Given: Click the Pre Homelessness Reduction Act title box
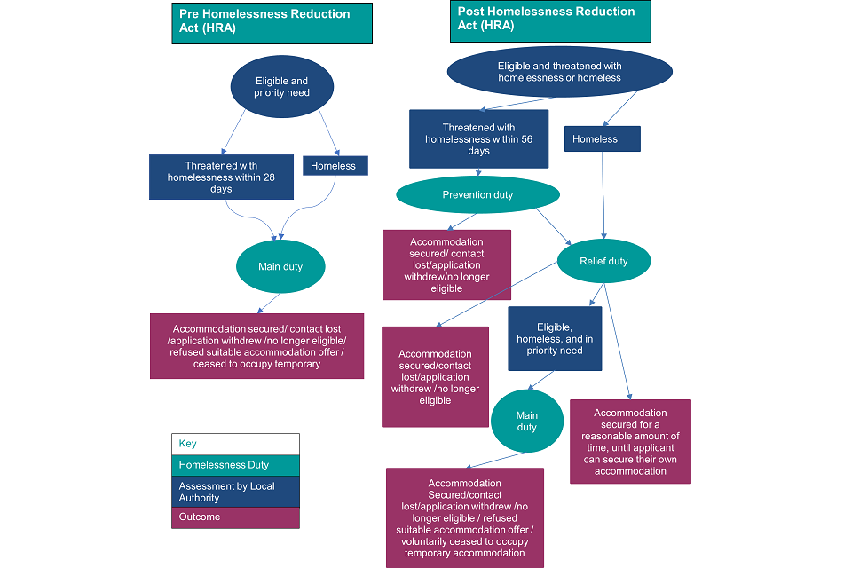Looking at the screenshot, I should coord(272,23).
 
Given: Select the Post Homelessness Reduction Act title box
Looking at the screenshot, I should coord(550,20).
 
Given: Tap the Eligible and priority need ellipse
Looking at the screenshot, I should coord(281,87).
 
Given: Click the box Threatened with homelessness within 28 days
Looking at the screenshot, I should coord(221,177).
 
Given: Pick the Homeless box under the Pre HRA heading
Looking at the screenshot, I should coord(334,166).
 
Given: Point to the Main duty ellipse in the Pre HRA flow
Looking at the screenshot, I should coord(280,266).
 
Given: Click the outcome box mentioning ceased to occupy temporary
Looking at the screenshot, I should coord(256,346).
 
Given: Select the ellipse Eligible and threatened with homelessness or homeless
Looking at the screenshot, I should coord(559,72).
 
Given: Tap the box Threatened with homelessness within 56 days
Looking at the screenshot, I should coord(478,139).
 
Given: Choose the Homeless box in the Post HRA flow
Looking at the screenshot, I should coord(602,139).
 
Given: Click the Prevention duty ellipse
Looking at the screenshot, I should coord(477,195).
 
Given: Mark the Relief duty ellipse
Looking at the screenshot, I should coord(603,261).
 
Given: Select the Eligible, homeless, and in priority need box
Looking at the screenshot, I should coord(555,338).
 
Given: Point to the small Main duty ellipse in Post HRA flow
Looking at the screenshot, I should coord(527,421).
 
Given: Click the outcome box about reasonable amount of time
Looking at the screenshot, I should coord(630,441).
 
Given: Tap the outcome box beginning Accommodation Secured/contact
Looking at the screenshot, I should coord(465,518).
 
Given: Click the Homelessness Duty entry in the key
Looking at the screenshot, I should coord(235,465).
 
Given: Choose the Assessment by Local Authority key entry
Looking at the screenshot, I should coord(235,492).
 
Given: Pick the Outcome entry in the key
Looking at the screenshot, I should coord(235,517).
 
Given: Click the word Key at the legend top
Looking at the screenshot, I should coord(188,444).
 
